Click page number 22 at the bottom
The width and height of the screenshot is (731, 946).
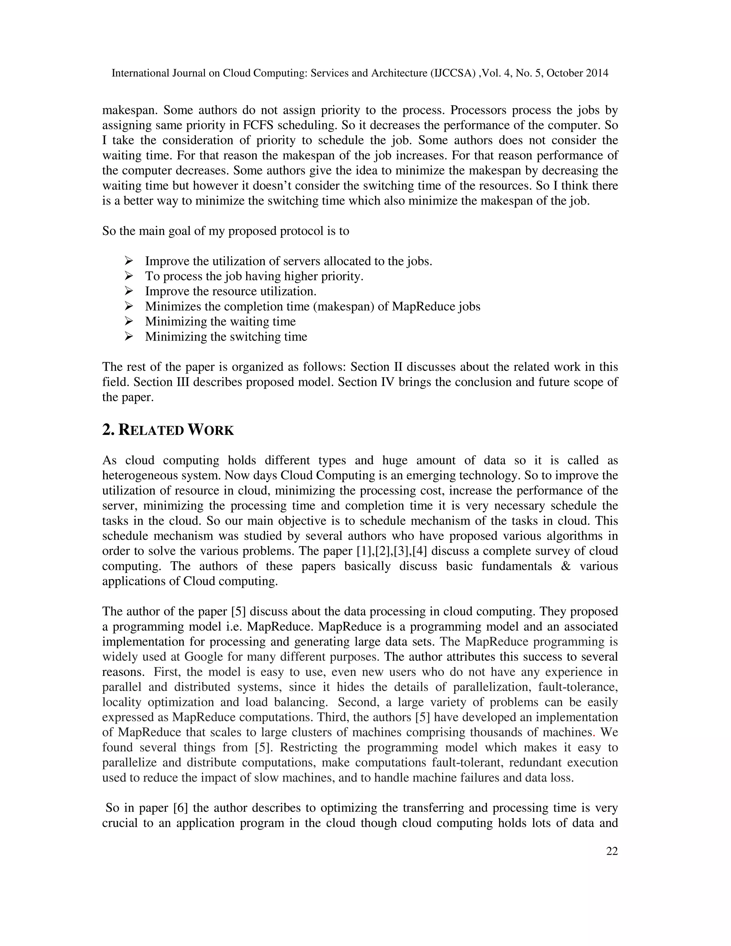click(x=611, y=851)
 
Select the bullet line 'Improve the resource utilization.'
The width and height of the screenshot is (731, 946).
click(x=230, y=291)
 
